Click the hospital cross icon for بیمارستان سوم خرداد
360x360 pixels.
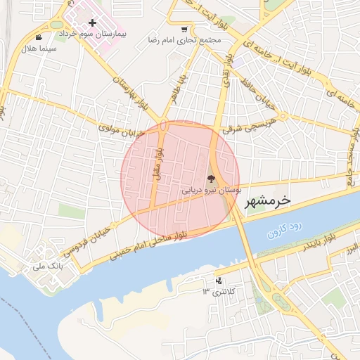(x=92, y=23)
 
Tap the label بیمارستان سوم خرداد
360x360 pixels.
(x=92, y=34)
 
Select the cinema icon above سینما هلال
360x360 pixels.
(x=38, y=37)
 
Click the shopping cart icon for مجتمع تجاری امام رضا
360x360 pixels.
(x=184, y=30)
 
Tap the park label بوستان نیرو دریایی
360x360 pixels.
(x=212, y=190)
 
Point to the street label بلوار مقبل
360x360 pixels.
(x=158, y=162)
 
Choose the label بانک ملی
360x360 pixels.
(x=48, y=267)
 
